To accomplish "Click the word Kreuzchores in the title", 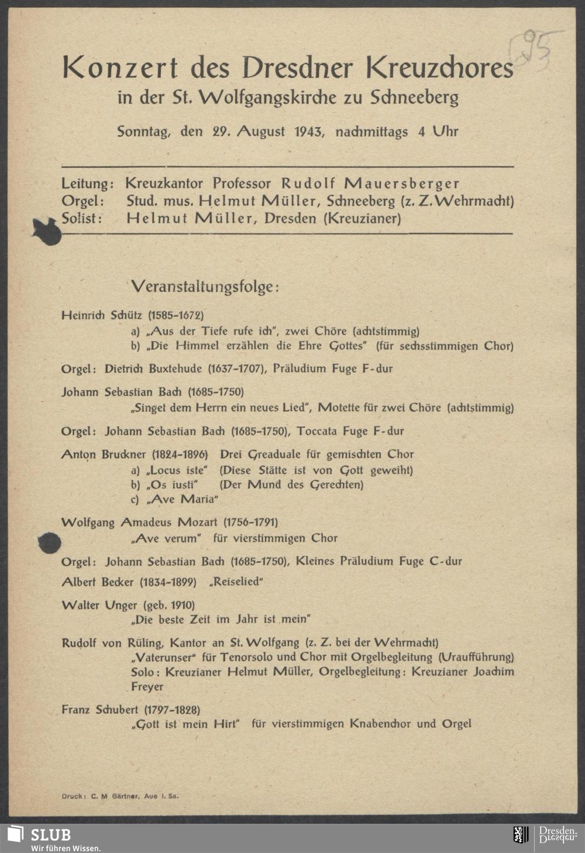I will tap(439, 68).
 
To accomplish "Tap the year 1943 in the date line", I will tap(308, 132).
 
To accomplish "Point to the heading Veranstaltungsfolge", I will tap(205, 287).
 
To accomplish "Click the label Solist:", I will tap(82, 219).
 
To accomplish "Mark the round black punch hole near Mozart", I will tap(50, 544).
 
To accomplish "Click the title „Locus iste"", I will tap(177, 470).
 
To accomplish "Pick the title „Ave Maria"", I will tap(183, 499).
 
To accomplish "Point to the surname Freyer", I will tap(147, 686).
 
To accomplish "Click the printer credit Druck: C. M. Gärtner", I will tap(121, 796).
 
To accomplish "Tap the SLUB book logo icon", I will tap(16, 834).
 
